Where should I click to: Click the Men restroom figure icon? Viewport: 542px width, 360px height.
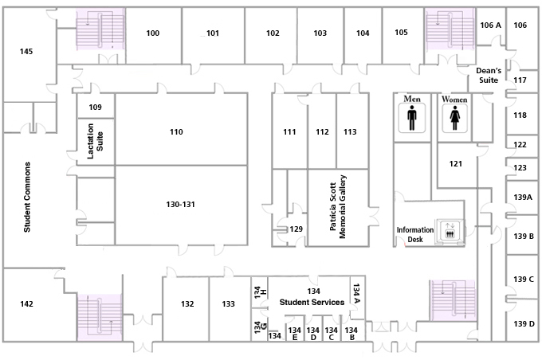(x=411, y=118)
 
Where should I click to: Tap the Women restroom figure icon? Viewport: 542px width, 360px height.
(x=454, y=118)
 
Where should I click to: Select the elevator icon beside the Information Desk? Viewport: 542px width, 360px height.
(x=450, y=230)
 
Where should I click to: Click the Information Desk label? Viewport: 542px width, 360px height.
(x=414, y=235)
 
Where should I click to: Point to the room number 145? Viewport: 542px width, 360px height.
(x=26, y=52)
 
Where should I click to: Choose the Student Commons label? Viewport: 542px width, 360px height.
(x=27, y=197)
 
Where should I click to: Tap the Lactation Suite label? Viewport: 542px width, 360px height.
(x=95, y=141)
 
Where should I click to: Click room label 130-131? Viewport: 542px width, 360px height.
(x=180, y=204)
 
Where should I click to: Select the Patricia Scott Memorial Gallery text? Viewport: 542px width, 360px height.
(x=338, y=206)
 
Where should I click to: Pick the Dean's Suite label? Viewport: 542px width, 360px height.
(x=489, y=76)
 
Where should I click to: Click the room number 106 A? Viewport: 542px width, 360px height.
(x=490, y=25)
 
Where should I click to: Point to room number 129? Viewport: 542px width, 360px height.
(x=296, y=229)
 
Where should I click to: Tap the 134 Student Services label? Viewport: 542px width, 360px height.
(x=312, y=297)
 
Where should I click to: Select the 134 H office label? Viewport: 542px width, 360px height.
(x=260, y=292)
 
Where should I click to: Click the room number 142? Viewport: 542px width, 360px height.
(x=26, y=303)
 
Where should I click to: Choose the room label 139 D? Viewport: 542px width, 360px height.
(x=524, y=323)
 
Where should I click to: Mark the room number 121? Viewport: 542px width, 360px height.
(x=456, y=163)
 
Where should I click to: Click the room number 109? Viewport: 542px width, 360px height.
(x=95, y=107)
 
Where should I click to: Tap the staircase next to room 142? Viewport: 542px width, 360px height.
(x=100, y=317)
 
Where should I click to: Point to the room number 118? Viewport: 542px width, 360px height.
(x=520, y=115)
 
